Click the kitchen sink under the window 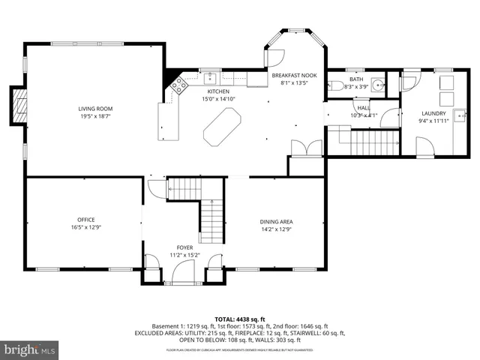click(x=209, y=76)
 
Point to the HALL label click(x=363, y=108)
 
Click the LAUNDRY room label click(x=433, y=113)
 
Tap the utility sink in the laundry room click(x=463, y=115)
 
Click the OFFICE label click(x=75, y=219)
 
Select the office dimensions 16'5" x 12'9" click(x=75, y=226)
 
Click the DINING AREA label click(x=275, y=221)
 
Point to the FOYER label click(x=184, y=247)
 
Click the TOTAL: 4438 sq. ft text click(x=239, y=319)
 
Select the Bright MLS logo click(x=30, y=349)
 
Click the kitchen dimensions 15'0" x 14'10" click(x=218, y=99)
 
